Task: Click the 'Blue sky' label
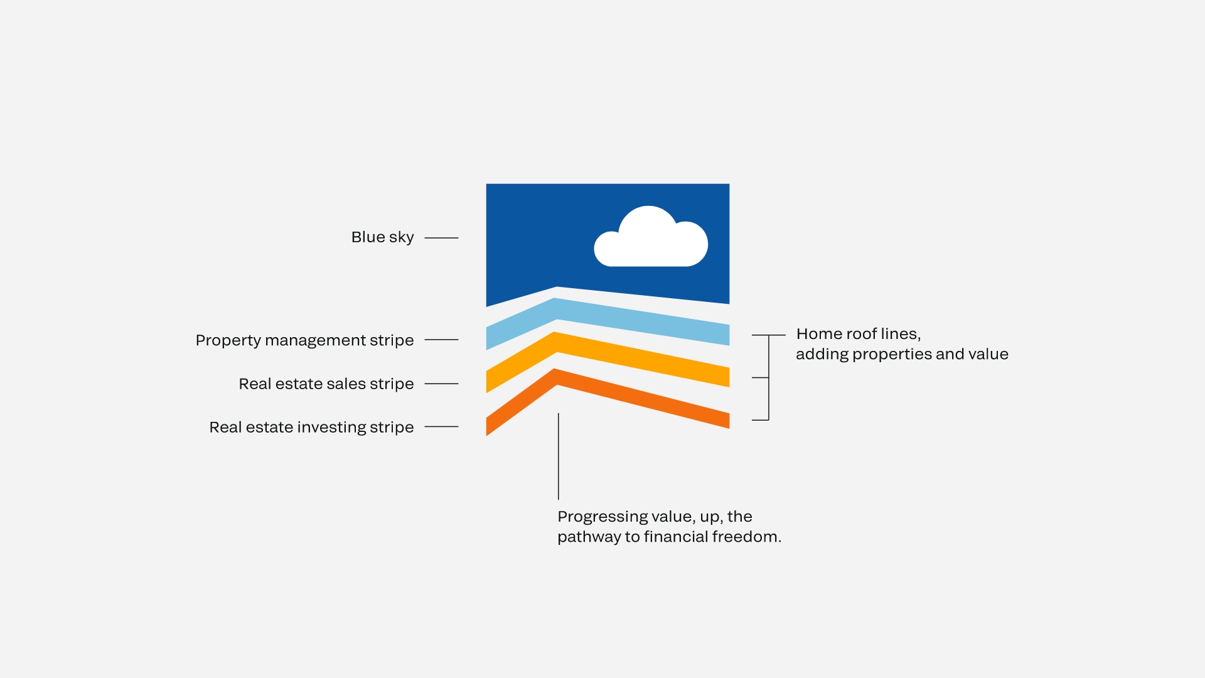point(382,237)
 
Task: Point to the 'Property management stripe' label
point(304,340)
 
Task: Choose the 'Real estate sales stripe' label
point(326,384)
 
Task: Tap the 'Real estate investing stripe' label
point(311,428)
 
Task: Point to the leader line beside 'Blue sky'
point(441,238)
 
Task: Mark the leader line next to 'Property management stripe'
point(441,340)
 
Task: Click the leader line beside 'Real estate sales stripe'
point(441,384)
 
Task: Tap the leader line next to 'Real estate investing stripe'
point(441,427)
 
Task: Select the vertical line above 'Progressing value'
point(558,456)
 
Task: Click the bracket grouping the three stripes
point(769,377)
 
